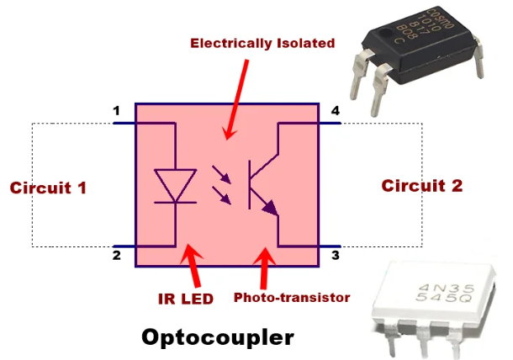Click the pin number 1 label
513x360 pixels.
117,111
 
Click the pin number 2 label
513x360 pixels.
117,255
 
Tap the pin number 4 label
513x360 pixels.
336,111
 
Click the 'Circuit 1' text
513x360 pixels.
48,187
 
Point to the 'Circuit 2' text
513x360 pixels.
422,186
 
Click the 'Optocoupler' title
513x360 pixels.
218,337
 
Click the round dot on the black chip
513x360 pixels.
387,39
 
